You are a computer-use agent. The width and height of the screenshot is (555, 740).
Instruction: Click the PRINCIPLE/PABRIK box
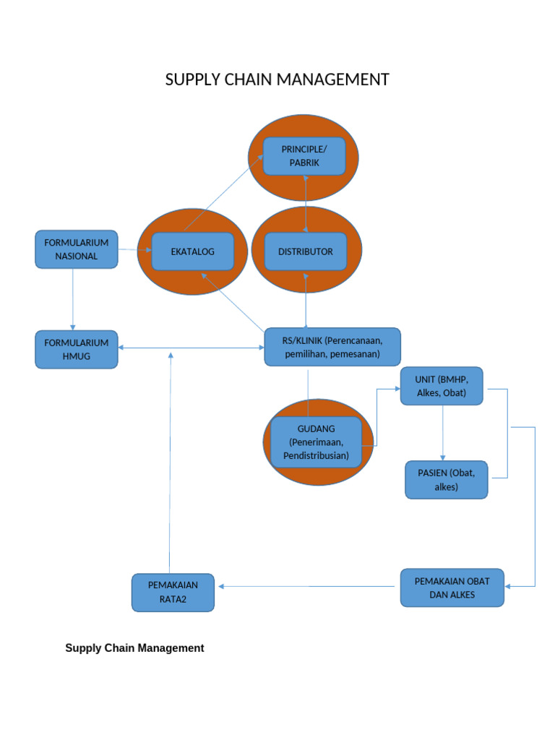click(x=304, y=156)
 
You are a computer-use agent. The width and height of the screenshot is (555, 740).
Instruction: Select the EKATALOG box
click(x=192, y=251)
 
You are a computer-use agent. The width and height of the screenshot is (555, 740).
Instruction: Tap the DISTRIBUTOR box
click(x=305, y=251)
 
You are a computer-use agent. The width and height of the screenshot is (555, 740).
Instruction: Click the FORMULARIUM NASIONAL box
click(x=76, y=249)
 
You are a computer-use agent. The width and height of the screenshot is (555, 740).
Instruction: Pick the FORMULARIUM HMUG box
click(x=76, y=349)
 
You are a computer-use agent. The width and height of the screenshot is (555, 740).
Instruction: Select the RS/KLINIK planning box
click(x=332, y=347)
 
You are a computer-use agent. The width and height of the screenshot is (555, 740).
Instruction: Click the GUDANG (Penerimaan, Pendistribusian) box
click(x=316, y=442)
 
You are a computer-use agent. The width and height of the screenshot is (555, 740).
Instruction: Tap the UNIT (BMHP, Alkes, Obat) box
click(x=442, y=386)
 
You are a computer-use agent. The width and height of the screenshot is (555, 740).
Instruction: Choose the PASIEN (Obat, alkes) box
click(x=446, y=480)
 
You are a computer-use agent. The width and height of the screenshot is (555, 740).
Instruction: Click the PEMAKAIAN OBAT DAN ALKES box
click(x=452, y=588)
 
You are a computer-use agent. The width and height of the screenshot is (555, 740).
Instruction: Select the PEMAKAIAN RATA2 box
click(x=173, y=593)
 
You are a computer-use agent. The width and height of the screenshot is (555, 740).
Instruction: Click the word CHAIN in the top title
click(x=248, y=79)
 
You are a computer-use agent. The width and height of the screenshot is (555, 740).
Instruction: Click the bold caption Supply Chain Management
click(x=134, y=648)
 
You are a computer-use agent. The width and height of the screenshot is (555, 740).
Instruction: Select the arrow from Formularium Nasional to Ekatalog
click(x=134, y=250)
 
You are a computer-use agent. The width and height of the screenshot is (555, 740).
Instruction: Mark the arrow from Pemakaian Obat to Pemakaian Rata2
click(x=309, y=586)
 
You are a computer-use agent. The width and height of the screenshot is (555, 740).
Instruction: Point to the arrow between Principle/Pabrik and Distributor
click(x=306, y=204)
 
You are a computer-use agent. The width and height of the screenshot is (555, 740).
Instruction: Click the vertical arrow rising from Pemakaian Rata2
click(x=171, y=462)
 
